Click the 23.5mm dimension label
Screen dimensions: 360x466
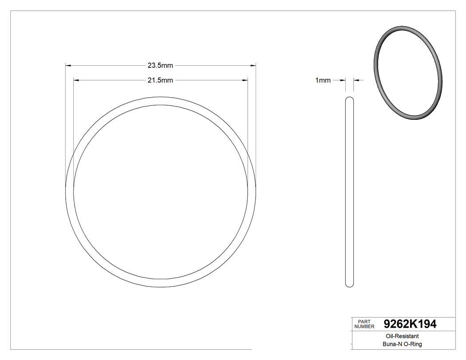(x=160, y=66)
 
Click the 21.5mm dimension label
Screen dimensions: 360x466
(x=160, y=80)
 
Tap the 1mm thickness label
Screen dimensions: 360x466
(x=323, y=80)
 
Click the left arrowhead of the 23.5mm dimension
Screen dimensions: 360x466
(x=68, y=66)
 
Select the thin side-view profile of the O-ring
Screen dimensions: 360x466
(x=350, y=191)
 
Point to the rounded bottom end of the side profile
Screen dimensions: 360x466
(x=350, y=285)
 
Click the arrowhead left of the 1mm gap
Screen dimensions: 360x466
(x=343, y=80)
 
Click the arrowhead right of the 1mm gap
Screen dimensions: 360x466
(x=356, y=80)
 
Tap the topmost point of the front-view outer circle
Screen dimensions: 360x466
(x=161, y=96)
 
